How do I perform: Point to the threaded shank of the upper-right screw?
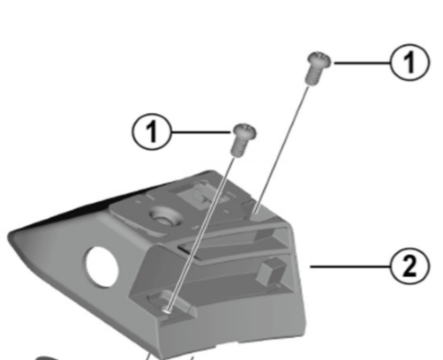(x=312, y=76)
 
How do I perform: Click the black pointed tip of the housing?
(x=16, y=235)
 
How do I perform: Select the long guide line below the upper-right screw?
(x=287, y=141)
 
